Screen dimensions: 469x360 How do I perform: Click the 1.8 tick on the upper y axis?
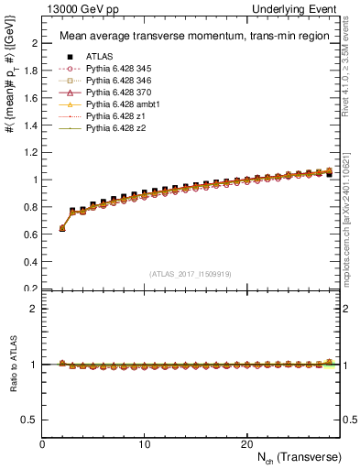point(32,71)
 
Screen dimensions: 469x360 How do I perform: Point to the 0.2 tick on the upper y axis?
point(32,289)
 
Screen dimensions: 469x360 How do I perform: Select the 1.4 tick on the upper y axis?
point(32,125)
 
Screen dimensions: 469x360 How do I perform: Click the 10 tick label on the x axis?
point(144,443)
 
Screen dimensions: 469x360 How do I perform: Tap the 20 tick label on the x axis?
point(245,443)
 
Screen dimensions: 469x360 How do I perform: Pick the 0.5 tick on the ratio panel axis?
point(30,420)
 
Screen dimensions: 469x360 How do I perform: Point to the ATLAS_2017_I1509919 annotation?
point(190,273)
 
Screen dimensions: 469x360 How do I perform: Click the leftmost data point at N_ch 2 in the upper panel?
point(62,228)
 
